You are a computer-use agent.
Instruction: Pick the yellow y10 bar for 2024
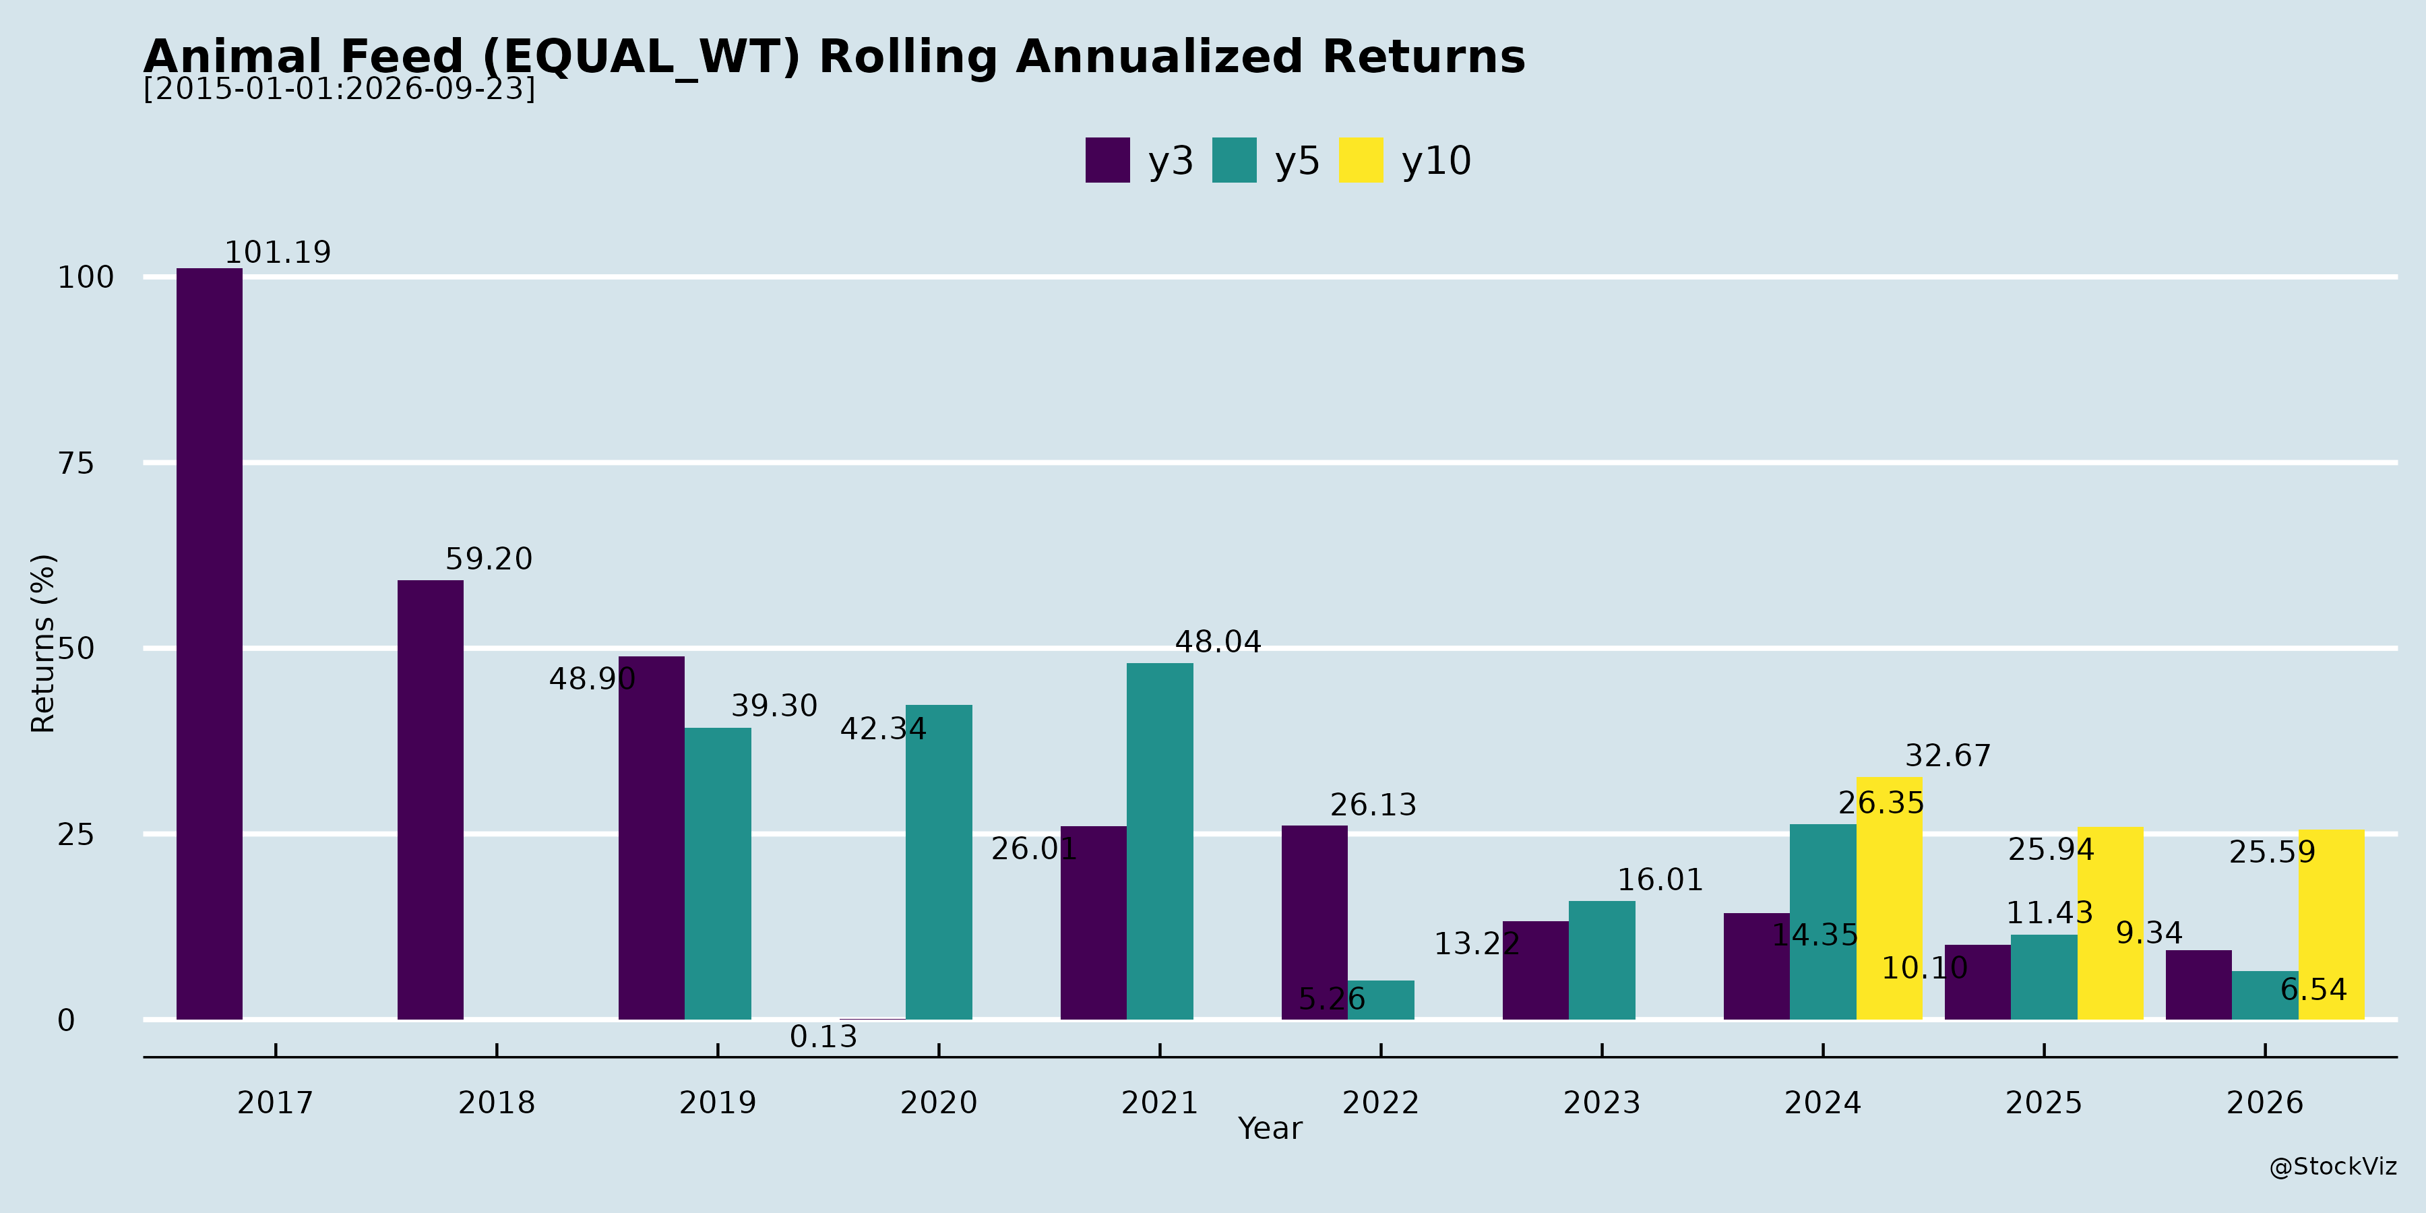click(1889, 898)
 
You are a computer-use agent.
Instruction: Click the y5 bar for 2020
click(939, 862)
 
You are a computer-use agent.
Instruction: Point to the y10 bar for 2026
click(2331, 925)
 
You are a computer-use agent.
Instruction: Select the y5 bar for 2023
click(1602, 960)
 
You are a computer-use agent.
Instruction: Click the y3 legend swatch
click(1107, 160)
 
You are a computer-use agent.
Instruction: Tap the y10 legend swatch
click(1361, 160)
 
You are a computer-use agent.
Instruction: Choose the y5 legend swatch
click(1235, 160)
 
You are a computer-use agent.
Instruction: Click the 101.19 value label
click(278, 253)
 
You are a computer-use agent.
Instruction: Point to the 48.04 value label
click(1218, 642)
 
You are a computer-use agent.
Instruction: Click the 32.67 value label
click(1948, 756)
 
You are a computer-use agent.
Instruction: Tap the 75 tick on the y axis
click(76, 464)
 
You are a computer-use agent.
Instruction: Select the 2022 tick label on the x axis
click(1381, 1102)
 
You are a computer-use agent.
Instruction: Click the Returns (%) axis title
click(43, 644)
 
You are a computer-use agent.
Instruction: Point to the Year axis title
click(1270, 1128)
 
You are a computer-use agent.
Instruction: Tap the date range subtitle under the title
click(339, 88)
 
